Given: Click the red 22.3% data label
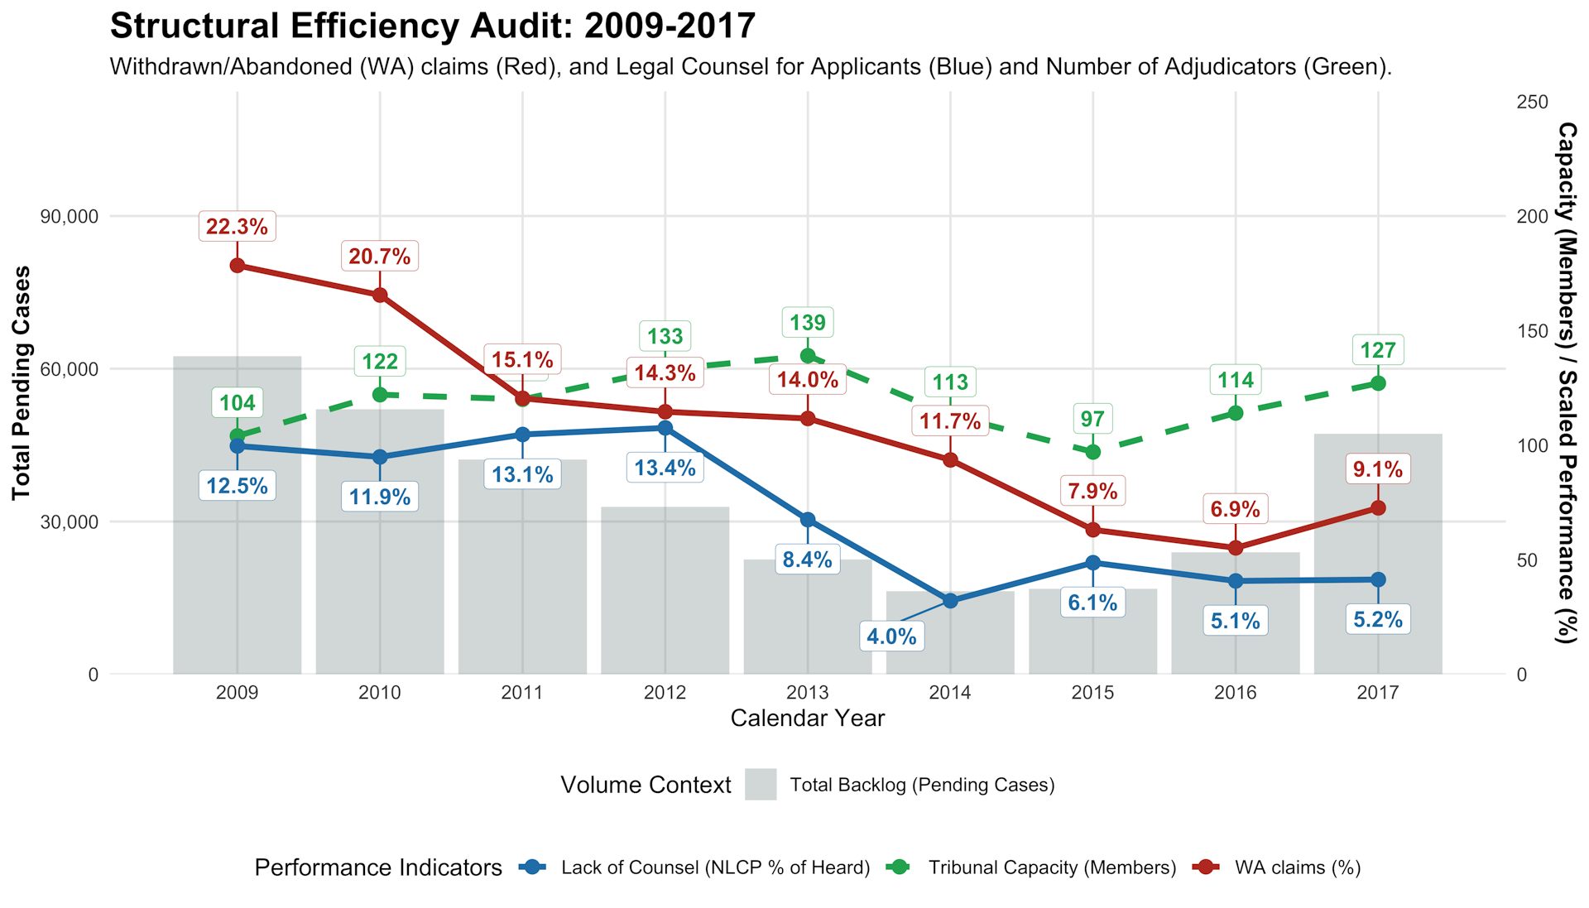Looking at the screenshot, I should point(237,226).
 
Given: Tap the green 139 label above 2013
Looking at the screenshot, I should point(807,322).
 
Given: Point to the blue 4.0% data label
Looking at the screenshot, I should point(891,637).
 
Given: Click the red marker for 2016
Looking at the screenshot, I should point(1235,548).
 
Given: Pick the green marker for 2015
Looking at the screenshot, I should point(1092,452).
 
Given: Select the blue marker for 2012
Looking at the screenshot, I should point(665,428).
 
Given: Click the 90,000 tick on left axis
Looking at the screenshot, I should point(70,216).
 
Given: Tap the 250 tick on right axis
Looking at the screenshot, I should point(1532,102).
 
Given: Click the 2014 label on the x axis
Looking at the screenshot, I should point(949,693).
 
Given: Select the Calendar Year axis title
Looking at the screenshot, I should point(807,718).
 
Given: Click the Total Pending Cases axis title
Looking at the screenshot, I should point(21,382).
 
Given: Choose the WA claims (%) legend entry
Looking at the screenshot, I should point(1297,867).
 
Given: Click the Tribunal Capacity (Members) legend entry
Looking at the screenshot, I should point(1051,867).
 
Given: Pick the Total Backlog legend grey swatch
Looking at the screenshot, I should point(760,785).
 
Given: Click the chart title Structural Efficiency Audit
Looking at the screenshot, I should point(432,26).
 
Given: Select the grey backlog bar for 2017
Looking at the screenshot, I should point(1377,555).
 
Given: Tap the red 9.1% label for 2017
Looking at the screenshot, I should point(1377,469).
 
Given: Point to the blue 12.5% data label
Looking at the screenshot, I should point(237,486).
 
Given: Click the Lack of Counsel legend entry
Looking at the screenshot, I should point(714,867).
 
